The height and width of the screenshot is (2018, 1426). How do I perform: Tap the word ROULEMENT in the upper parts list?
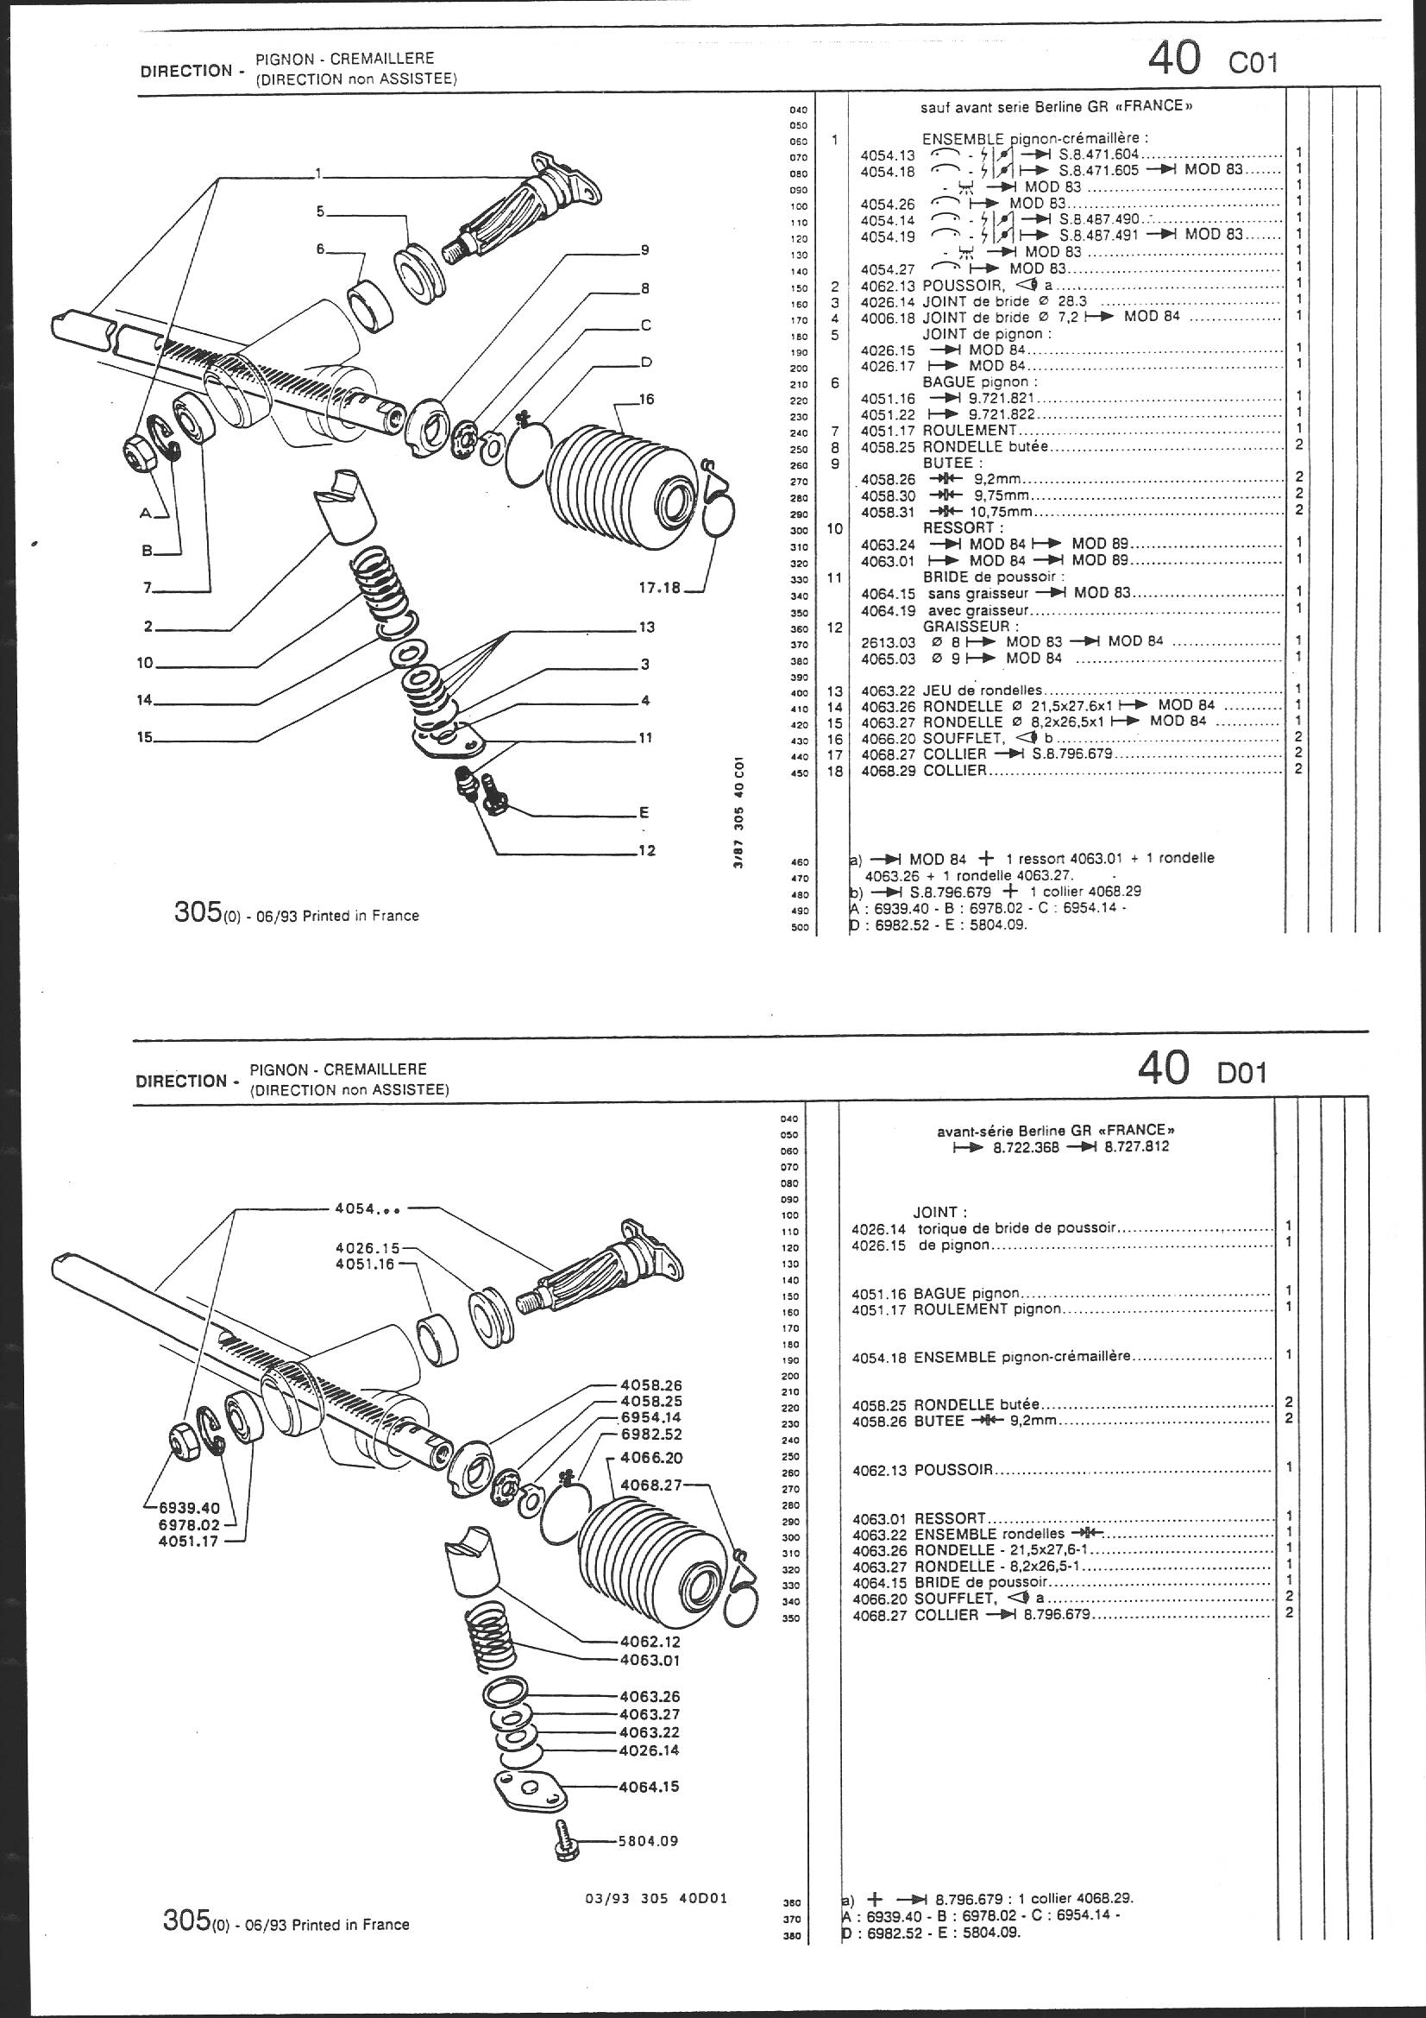pos(968,431)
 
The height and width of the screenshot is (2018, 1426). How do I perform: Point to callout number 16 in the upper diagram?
pos(647,400)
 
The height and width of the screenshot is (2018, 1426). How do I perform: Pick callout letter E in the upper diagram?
pos(645,813)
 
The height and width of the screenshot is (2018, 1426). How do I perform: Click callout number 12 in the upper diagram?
pos(646,851)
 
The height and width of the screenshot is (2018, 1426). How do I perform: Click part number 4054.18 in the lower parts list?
pos(881,1356)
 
